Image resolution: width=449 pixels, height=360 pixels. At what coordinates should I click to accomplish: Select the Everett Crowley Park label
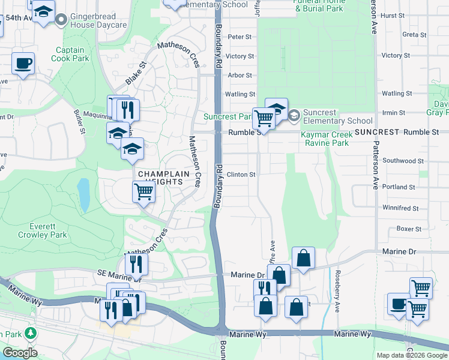pos(42,230)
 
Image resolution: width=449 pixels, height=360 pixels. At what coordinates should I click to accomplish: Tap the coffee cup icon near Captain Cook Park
pos(23,63)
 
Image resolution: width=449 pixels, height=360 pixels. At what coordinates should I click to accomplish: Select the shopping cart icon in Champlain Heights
pos(144,192)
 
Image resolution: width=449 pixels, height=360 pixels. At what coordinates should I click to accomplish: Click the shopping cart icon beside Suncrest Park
pos(264,118)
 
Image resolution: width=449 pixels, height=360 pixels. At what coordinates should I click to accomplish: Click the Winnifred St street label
pos(400,208)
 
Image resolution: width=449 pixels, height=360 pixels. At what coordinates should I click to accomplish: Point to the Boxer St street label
pos(409,229)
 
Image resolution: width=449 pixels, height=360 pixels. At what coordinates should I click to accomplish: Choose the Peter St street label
pos(240,37)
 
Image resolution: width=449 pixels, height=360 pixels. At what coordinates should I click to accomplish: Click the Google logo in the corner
pos(20,353)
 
